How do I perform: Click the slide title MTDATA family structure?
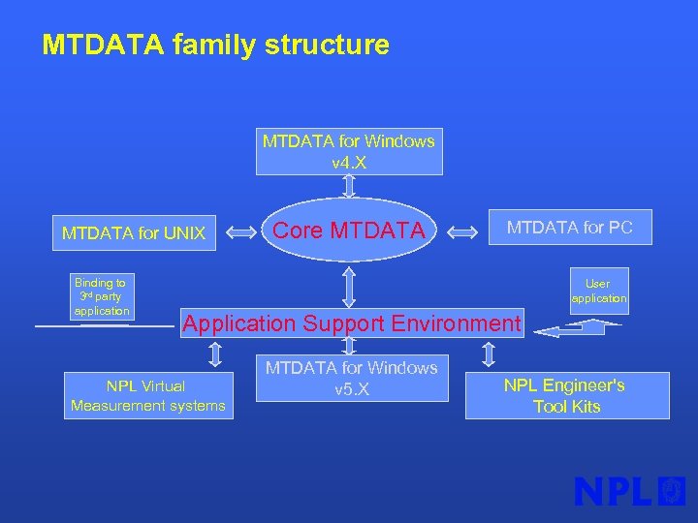[215, 46]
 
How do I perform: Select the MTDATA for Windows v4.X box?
[349, 151]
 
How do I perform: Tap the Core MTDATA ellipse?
[349, 231]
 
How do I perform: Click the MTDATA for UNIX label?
[134, 232]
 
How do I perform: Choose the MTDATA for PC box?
[569, 228]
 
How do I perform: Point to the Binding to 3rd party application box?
[101, 296]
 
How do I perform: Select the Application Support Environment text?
[352, 323]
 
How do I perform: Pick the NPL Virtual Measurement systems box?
[148, 395]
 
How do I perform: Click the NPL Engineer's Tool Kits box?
[566, 396]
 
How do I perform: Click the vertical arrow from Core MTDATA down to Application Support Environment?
[349, 287]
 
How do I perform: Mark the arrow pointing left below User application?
[567, 330]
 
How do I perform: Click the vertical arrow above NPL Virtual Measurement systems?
[215, 354]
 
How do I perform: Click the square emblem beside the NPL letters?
[671, 491]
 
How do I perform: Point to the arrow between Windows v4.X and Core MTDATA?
[349, 184]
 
